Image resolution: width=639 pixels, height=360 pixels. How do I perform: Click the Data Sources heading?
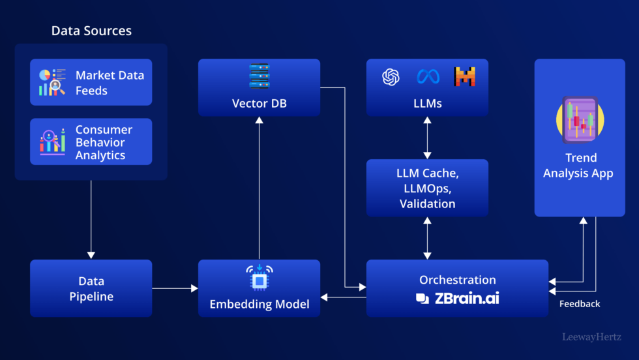click(91, 31)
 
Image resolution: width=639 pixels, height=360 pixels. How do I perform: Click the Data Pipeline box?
click(91, 288)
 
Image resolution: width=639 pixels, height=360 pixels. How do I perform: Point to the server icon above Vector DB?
click(259, 76)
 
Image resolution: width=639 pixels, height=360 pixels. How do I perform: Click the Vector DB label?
click(259, 104)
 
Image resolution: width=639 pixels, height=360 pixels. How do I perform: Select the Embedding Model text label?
click(259, 304)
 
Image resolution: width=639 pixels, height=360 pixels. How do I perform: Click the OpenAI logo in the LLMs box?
click(391, 77)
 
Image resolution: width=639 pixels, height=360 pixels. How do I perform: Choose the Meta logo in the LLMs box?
click(428, 77)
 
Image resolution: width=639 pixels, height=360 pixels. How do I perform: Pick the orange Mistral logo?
click(464, 77)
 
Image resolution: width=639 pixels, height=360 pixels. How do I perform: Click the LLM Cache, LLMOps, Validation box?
click(427, 188)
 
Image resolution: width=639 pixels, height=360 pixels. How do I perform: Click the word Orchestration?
click(457, 280)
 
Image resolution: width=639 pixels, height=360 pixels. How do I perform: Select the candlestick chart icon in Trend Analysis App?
click(580, 120)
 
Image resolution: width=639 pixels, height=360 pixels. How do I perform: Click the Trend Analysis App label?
click(580, 166)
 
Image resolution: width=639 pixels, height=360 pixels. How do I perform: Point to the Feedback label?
click(580, 304)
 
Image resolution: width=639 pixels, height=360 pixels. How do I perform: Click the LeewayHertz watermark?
click(593, 337)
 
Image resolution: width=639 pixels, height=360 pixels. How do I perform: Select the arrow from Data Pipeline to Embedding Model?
click(175, 288)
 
